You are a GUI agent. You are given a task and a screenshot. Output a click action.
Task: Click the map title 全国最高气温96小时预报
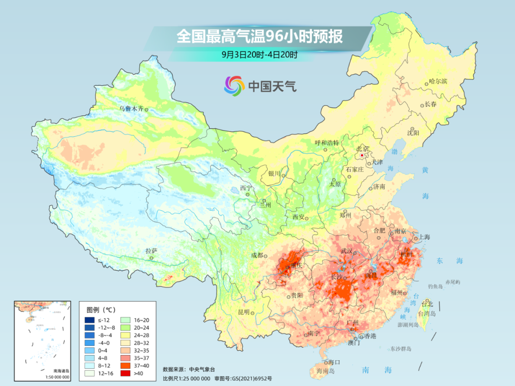[259, 37]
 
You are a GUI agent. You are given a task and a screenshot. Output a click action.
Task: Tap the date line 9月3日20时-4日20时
[259, 55]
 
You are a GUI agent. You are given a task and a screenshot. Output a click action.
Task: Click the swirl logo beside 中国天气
[235, 86]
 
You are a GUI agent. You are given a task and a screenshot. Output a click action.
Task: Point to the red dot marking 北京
[362, 155]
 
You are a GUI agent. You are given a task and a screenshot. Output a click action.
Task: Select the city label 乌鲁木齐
[131, 109]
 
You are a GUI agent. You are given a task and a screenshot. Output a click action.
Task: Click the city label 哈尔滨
[438, 81]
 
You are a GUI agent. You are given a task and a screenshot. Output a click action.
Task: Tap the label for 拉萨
[151, 251]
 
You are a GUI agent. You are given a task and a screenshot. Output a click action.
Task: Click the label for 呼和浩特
[327, 142]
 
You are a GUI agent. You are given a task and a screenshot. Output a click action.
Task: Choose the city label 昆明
[243, 312]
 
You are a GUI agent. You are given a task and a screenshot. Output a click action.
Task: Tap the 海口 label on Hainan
[335, 363]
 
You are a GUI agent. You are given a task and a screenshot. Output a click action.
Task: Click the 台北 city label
[427, 304]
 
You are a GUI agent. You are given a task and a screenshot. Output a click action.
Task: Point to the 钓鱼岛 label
[436, 286]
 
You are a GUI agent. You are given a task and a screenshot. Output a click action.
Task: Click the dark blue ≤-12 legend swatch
[90, 320]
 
